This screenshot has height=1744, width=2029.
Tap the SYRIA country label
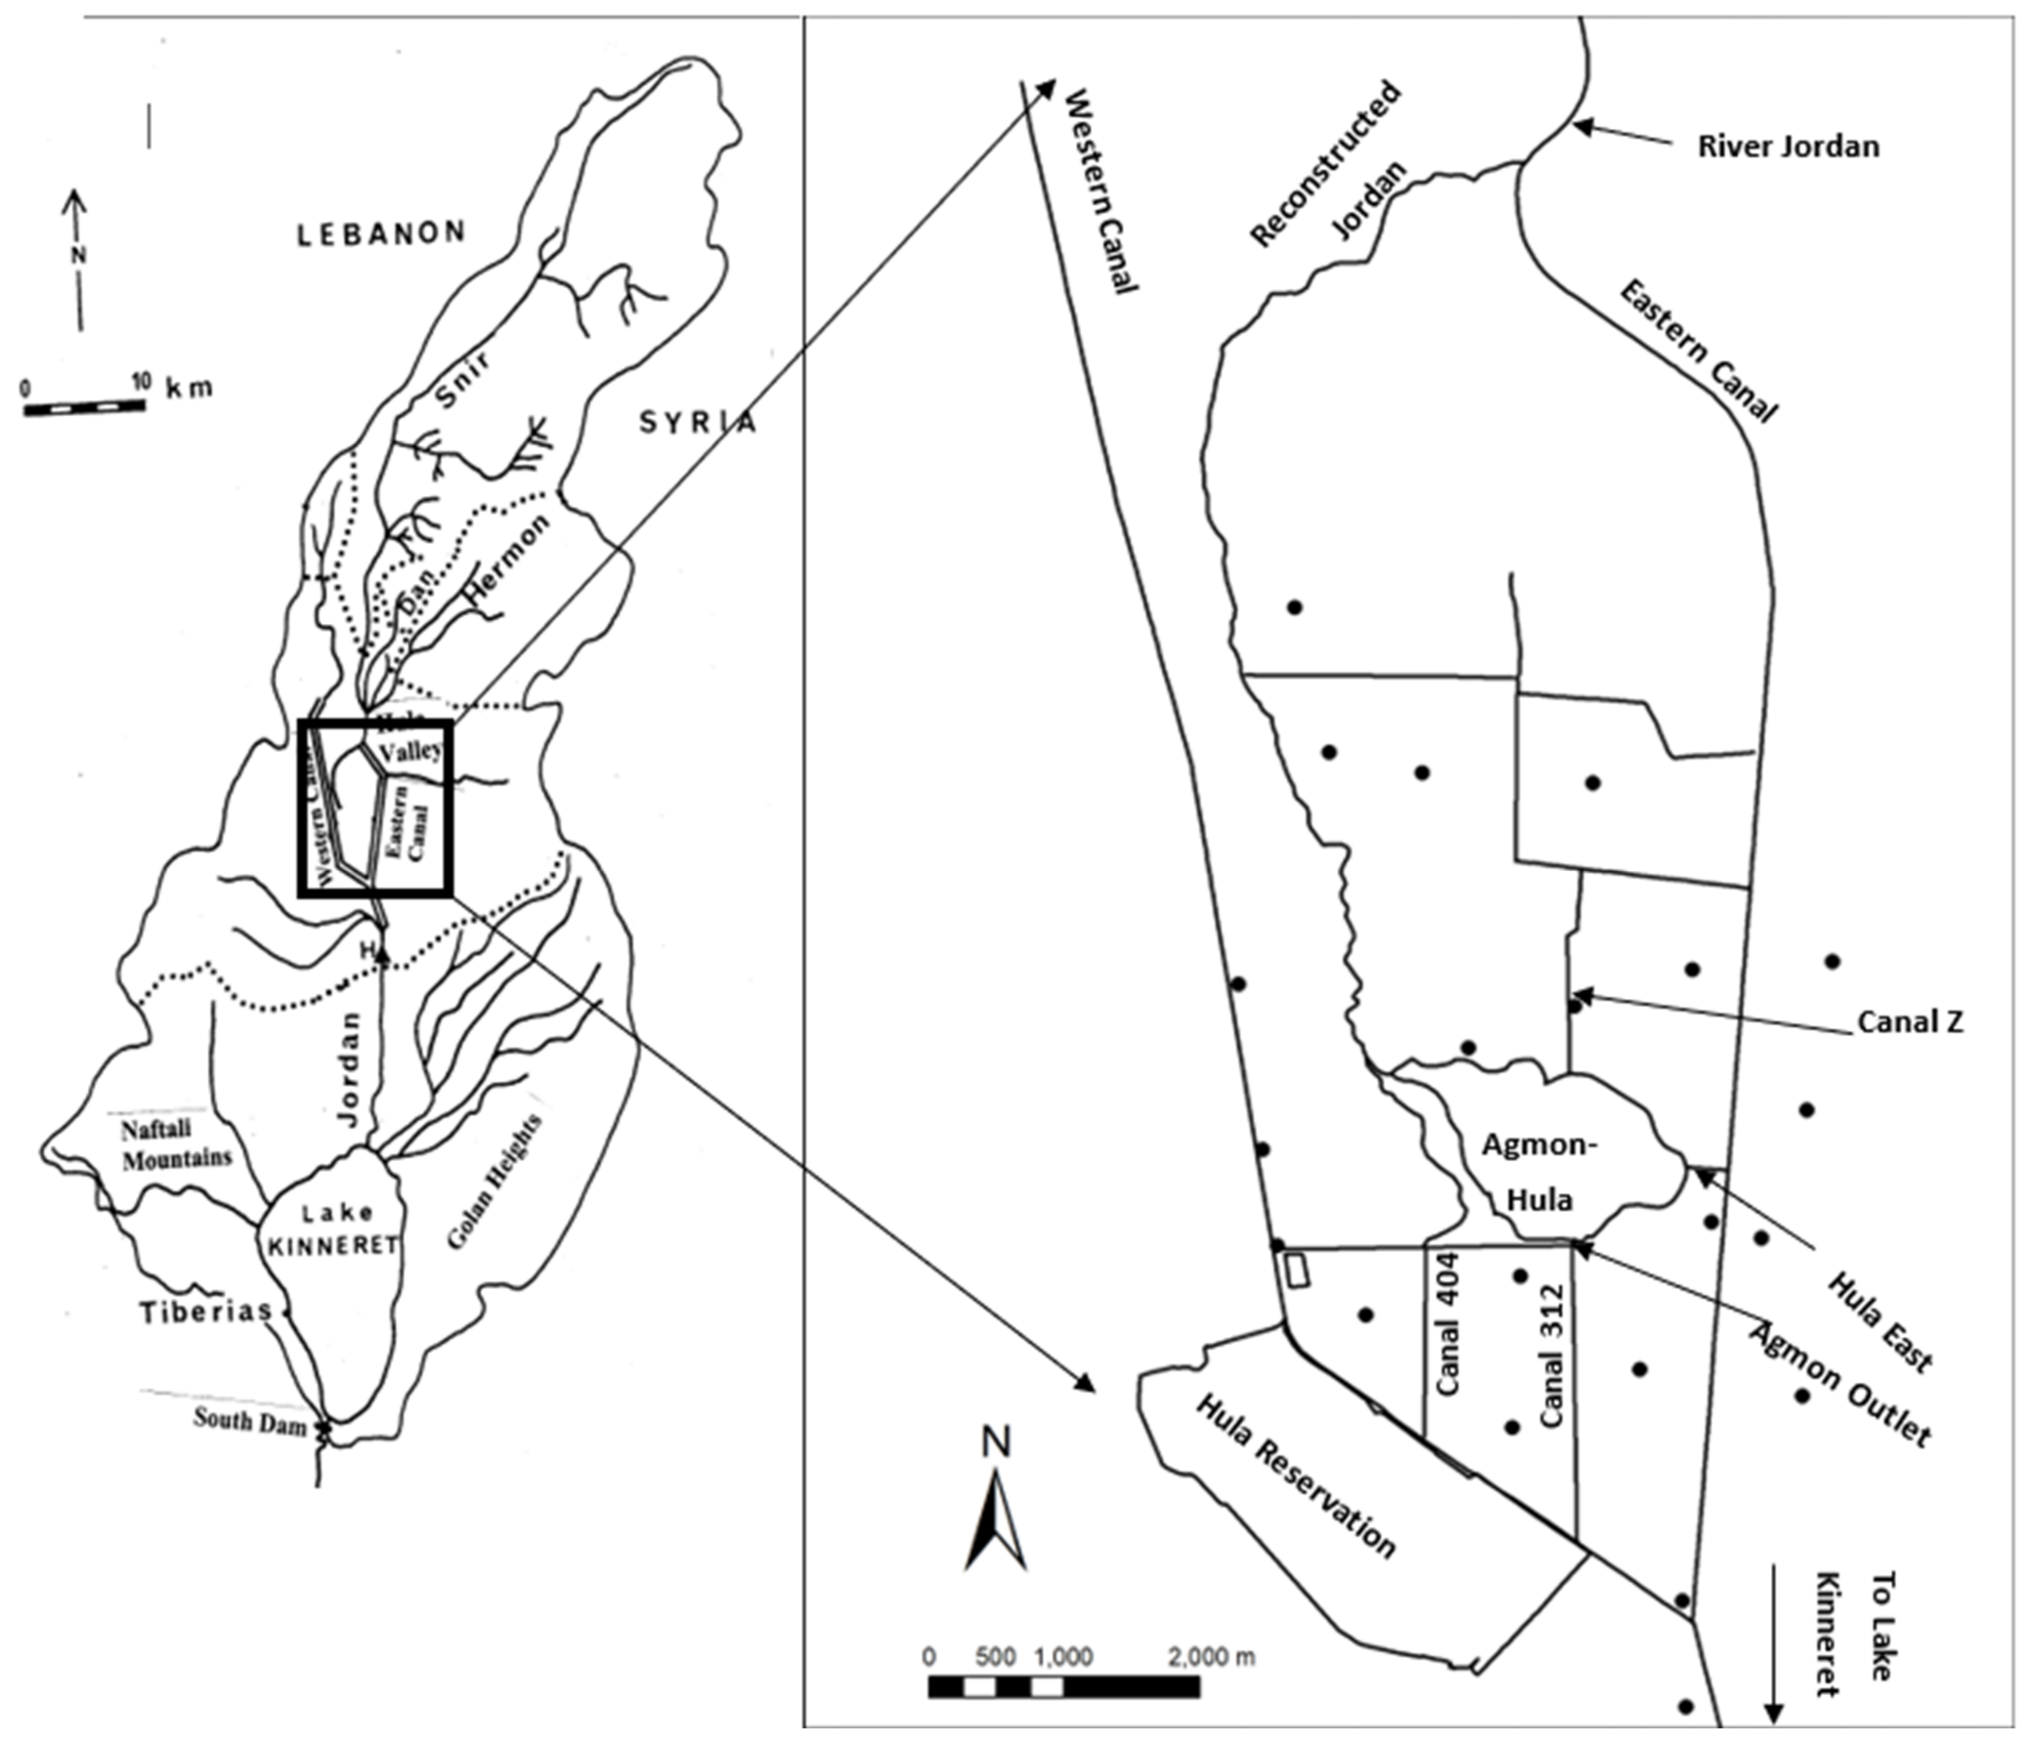point(698,422)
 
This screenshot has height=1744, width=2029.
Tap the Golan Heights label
point(496,1183)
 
